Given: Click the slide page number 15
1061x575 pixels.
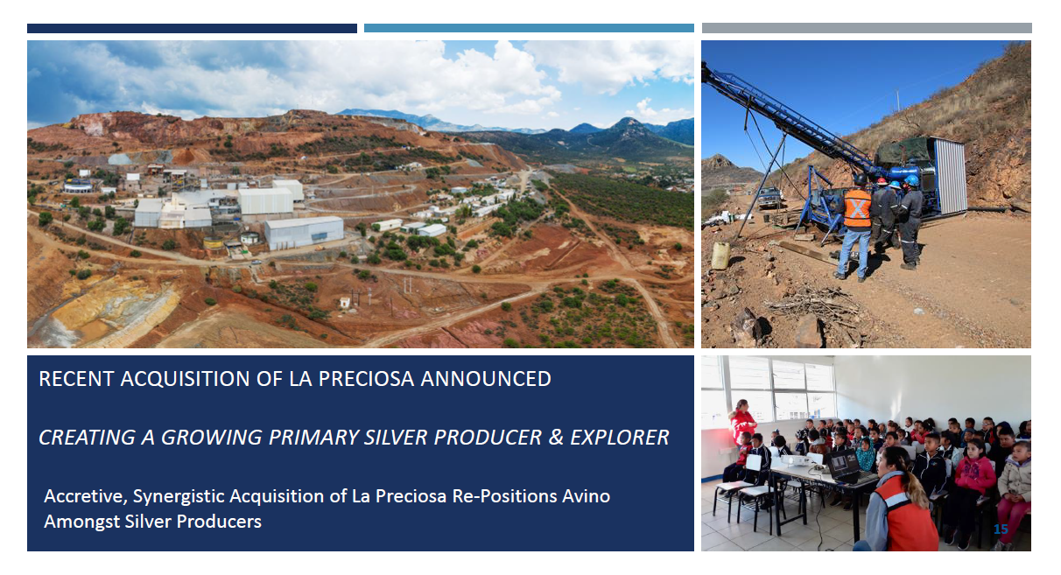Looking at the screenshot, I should click(x=1001, y=529).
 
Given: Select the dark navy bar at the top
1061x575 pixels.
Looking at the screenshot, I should click(x=192, y=28).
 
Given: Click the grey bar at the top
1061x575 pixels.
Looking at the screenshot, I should click(x=867, y=28).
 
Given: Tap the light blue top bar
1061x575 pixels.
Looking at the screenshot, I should click(x=529, y=28).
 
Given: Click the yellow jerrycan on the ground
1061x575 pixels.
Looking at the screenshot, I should click(x=720, y=255).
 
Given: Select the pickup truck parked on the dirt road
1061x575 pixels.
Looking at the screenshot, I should click(x=769, y=197).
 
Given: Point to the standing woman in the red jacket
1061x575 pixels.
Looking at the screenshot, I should click(x=741, y=424).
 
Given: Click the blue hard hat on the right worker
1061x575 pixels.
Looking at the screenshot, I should click(x=911, y=180).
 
